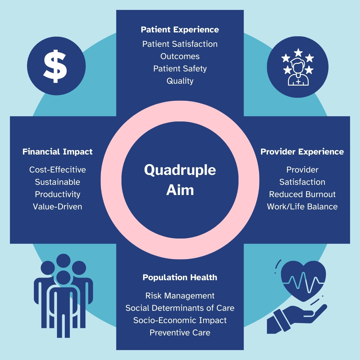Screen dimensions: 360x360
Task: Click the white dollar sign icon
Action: tap(55, 66)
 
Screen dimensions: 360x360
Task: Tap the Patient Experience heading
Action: tap(180, 30)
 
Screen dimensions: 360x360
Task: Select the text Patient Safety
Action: tap(180, 69)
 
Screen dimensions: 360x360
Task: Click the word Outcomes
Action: tap(180, 56)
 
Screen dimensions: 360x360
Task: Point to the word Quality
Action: tap(180, 81)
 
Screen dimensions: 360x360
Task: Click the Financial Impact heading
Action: tap(57, 152)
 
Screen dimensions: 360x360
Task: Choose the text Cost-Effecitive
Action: tap(57, 170)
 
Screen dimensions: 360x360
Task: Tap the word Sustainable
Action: tap(57, 182)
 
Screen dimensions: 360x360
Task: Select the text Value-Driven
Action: tap(57, 207)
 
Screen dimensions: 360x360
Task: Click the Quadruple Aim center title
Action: tap(180, 180)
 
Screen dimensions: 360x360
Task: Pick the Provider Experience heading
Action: tap(302, 152)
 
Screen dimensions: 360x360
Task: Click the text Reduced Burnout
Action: tap(302, 194)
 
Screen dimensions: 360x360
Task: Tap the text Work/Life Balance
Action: tap(302, 207)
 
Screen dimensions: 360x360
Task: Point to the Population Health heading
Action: tap(180, 277)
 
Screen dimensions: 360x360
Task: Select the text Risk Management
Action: tap(180, 296)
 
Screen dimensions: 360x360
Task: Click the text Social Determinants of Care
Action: tap(180, 308)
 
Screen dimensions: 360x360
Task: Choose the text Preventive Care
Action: tap(180, 333)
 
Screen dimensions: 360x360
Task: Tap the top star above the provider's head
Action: tap(298, 53)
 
